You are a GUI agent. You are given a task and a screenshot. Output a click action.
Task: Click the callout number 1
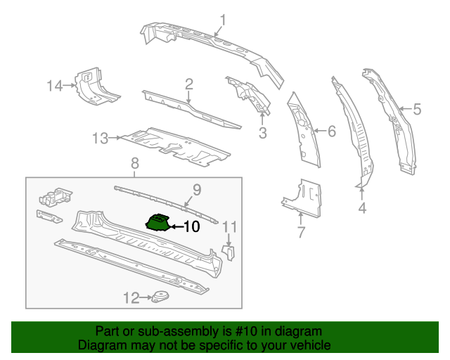click(223, 20)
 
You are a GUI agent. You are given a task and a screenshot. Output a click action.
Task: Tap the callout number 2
click(189, 85)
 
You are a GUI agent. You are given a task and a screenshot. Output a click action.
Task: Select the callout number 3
click(262, 132)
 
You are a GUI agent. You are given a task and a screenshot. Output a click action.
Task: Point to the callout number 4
click(362, 208)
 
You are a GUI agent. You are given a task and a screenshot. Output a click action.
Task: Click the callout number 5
click(417, 109)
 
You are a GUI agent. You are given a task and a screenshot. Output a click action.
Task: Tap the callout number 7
click(300, 232)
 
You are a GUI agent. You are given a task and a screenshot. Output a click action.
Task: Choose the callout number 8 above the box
click(135, 163)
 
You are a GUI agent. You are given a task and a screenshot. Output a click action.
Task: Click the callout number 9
click(197, 188)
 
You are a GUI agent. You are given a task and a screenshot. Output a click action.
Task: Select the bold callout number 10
click(191, 226)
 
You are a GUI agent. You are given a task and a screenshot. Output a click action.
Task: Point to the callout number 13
click(100, 139)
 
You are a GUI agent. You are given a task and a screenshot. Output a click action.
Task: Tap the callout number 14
click(55, 86)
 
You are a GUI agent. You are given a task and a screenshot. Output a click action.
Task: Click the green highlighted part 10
click(160, 222)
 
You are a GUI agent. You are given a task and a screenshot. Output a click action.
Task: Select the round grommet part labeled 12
click(162, 298)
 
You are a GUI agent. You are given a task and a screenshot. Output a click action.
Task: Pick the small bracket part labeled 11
click(229, 252)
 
